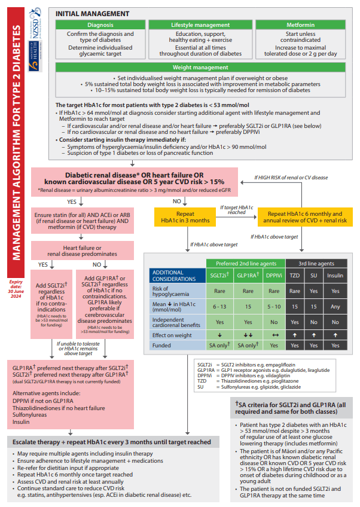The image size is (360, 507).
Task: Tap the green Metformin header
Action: [303, 25]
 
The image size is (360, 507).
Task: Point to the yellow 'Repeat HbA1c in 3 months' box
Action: [185, 216]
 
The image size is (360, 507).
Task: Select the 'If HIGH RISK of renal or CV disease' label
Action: [291, 177]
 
